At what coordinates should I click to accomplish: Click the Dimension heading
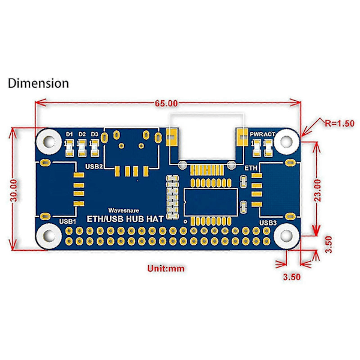click(38, 83)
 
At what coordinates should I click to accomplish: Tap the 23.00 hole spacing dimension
click(318, 190)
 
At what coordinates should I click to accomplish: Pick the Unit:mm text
click(166, 269)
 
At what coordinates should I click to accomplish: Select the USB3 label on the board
click(268, 223)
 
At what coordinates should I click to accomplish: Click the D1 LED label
click(69, 134)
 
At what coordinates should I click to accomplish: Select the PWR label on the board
click(256, 134)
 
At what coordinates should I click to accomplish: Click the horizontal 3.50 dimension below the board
click(291, 277)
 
